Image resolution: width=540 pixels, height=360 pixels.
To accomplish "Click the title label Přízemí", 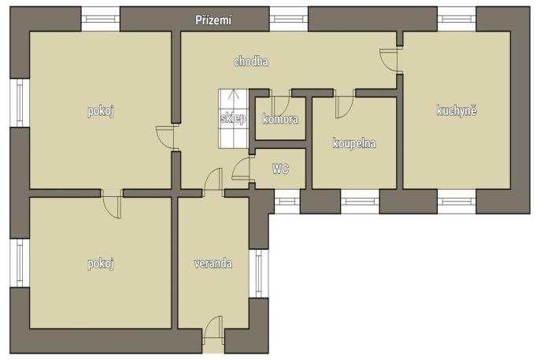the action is pos(213,20).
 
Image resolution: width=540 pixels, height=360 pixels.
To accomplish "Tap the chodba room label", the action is pos(251,61).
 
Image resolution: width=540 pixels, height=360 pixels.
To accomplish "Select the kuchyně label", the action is pos(457,110).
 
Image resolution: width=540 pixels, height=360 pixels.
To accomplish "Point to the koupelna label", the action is pos(354,143).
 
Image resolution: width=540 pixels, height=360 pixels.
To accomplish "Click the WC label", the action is pos(280,169).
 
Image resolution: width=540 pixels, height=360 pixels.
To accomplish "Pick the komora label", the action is pos(280,119).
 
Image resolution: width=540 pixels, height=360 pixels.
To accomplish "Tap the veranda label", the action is pos(213,264).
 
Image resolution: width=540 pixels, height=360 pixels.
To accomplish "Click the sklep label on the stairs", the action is pos(233,118).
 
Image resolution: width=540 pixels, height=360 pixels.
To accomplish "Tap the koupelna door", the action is pos(345,106).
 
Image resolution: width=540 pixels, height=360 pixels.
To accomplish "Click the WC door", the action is pos(242,168).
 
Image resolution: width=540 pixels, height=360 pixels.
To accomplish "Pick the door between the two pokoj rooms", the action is pos(113,204).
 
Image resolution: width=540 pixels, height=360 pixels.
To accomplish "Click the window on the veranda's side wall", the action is pos(259,273).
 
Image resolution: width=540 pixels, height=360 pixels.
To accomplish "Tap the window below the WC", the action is pos(287,201).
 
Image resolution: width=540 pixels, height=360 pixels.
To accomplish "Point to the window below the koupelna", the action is pos(360,201).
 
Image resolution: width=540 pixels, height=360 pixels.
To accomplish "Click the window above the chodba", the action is pos(289,19).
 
